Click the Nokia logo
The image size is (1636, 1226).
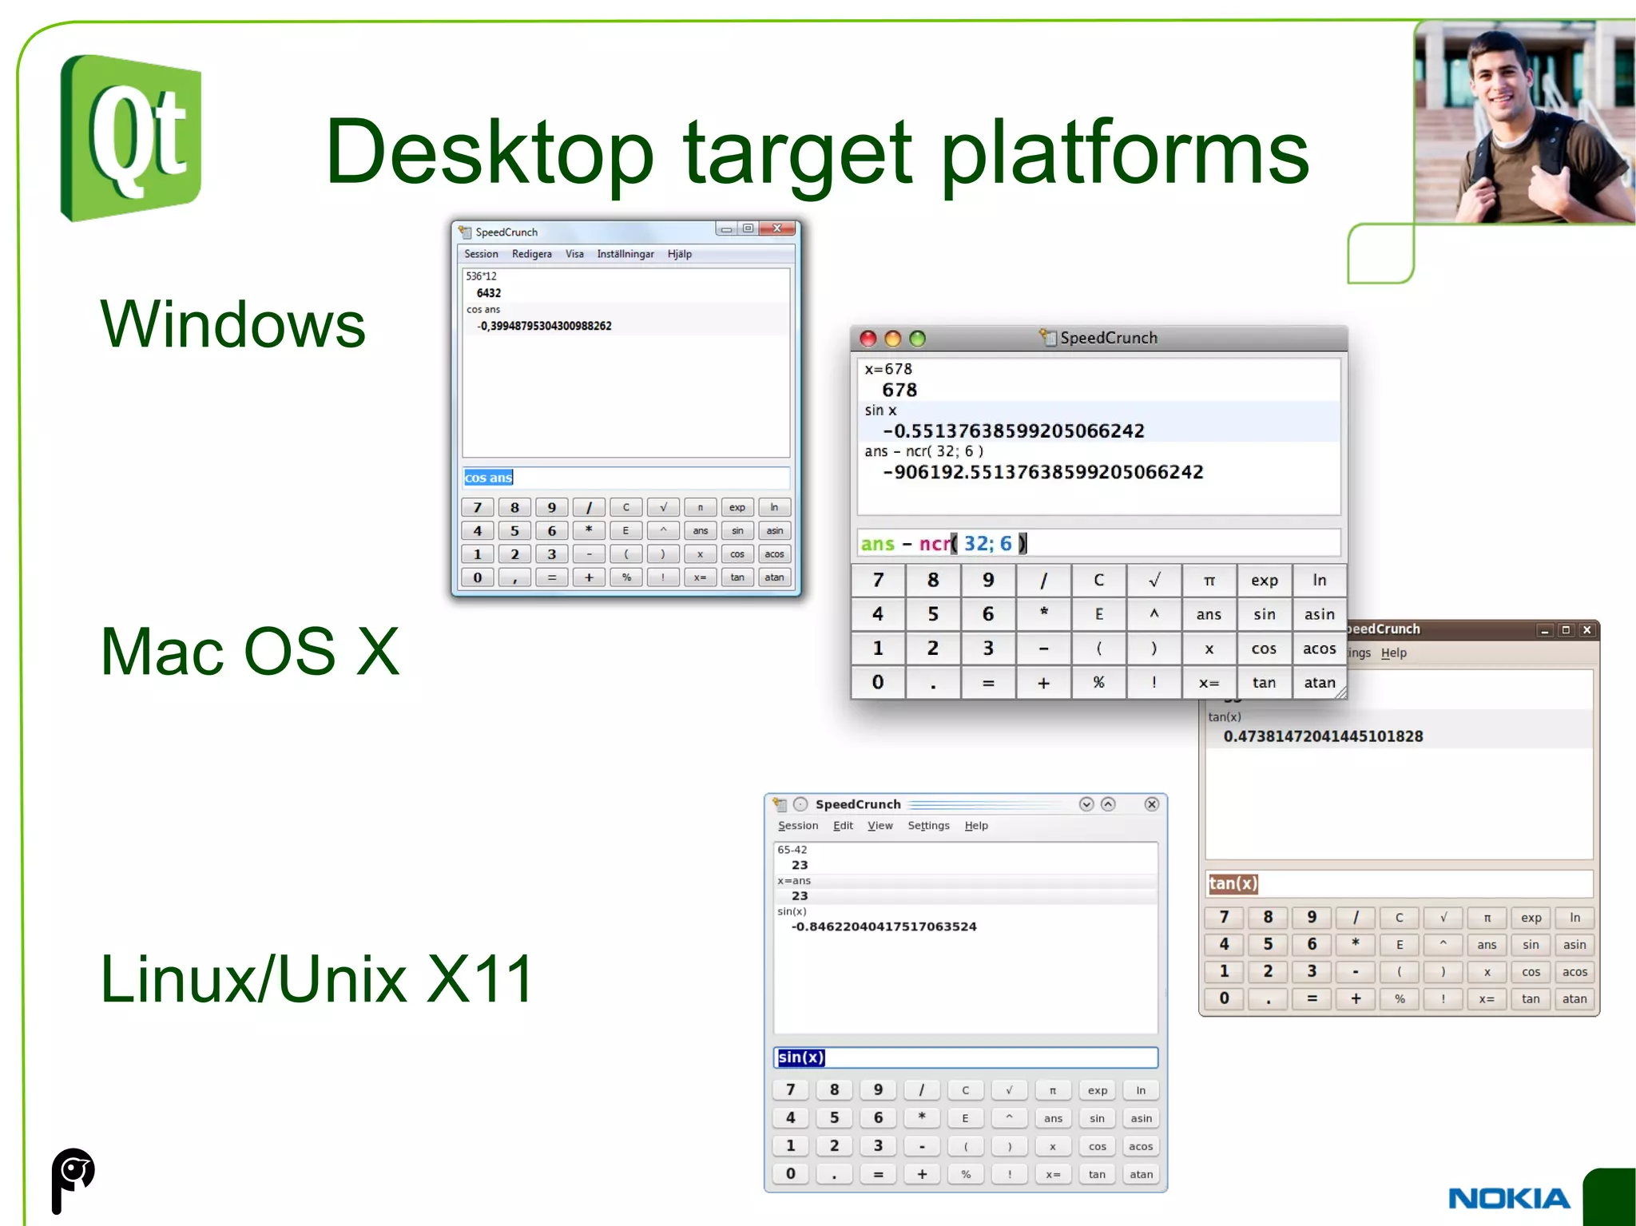[1508, 1198]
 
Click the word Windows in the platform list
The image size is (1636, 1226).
[232, 324]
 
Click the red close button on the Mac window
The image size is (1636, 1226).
[868, 339]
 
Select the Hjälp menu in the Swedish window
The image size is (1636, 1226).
[679, 254]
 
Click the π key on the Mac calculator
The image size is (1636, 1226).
[1209, 581]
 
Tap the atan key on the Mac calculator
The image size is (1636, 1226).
[1319, 683]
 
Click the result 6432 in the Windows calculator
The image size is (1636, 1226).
[489, 293]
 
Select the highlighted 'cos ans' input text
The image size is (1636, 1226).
[488, 478]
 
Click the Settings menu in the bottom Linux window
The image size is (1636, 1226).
[928, 826]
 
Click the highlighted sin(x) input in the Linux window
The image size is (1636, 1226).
[800, 1057]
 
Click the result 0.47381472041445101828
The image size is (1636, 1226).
[1323, 736]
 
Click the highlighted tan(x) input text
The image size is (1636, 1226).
[1233, 883]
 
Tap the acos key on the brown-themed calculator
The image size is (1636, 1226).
[1574, 972]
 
